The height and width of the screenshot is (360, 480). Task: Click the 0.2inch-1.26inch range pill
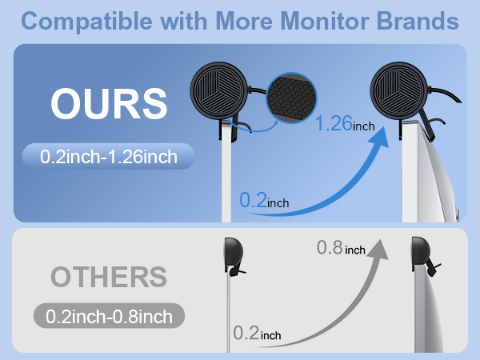[x=109, y=156]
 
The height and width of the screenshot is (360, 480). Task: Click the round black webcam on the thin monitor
[x=220, y=90]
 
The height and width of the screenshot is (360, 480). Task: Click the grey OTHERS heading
[x=109, y=277]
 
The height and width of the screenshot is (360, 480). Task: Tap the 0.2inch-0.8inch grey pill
[x=109, y=316]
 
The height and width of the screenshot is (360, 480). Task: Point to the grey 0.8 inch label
[x=341, y=249]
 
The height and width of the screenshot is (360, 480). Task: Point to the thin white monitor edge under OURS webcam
[x=230, y=176]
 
